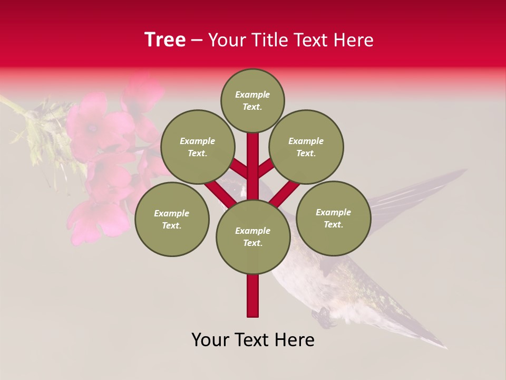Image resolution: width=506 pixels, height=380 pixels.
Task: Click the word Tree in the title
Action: tap(165, 40)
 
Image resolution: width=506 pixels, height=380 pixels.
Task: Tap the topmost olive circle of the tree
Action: tap(252, 101)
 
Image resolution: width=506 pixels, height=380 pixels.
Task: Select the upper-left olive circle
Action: tap(197, 147)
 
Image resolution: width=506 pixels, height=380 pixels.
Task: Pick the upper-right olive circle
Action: tap(306, 147)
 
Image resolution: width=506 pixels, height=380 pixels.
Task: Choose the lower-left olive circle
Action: tap(172, 219)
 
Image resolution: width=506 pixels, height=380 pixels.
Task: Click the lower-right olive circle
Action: tap(333, 218)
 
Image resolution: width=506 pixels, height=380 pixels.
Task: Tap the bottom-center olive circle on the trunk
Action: tap(253, 237)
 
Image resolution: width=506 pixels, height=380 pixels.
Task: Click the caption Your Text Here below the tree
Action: tap(253, 340)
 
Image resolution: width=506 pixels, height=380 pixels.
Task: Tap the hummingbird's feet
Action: tap(323, 316)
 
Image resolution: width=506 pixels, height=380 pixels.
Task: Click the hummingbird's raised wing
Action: tap(416, 193)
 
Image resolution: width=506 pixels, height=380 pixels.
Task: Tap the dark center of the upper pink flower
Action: tap(93, 127)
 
